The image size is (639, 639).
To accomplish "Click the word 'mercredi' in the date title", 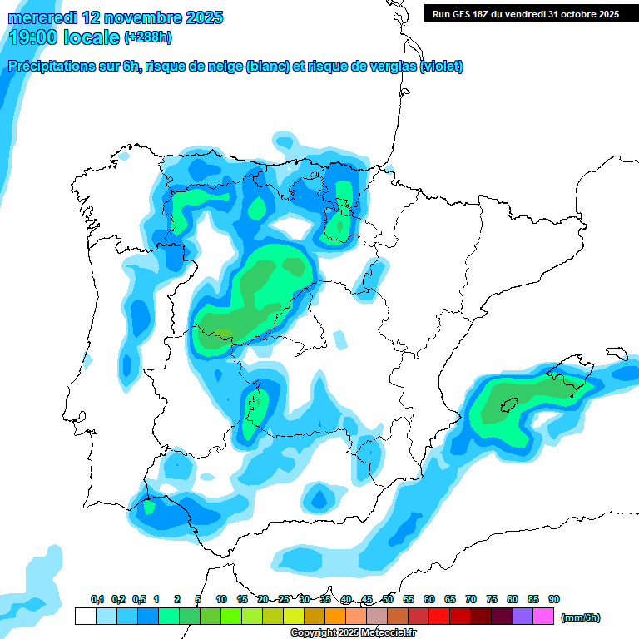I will pos(42,17).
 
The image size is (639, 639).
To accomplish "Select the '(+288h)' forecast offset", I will pos(147,37).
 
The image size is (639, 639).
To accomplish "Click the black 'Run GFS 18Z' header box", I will pos(526,13).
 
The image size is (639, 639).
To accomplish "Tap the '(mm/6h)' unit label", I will pos(580,617).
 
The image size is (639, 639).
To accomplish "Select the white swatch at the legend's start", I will pos(85,616).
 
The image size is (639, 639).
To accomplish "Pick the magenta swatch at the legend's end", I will pos(543,616).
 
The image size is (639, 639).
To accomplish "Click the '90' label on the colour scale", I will pos(554,599).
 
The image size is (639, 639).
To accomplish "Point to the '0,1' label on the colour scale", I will pos(97,599).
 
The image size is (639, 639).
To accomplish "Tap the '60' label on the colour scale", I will pos(429,599).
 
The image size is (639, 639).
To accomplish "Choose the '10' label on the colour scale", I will pos(221,599).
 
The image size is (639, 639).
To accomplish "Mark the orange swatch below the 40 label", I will pos(335,616).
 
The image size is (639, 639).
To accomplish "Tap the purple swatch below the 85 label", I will pos(523,616).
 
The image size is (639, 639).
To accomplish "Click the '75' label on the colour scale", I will pos(492,599).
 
